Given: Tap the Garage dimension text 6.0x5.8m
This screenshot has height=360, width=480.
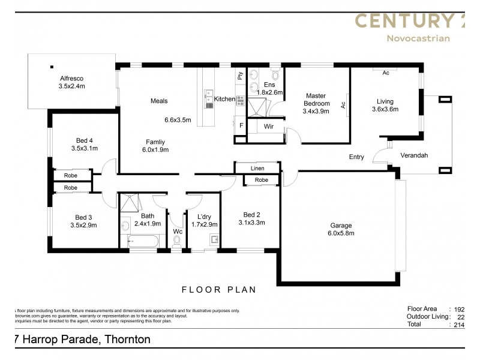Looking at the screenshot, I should [x=340, y=233].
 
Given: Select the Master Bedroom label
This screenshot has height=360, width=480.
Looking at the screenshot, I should [x=316, y=100].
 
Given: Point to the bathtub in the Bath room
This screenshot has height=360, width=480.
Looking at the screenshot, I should [x=143, y=242].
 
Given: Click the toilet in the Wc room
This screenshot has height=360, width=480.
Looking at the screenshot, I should [x=177, y=241].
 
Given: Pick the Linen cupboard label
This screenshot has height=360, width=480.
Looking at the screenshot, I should [x=257, y=169].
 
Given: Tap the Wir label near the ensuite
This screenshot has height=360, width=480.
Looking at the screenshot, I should [x=269, y=127].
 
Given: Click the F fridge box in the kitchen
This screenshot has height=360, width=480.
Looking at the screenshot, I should [x=241, y=126].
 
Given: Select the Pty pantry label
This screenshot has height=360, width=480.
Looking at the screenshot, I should [x=240, y=76].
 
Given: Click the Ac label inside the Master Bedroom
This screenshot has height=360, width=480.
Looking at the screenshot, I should [x=344, y=104].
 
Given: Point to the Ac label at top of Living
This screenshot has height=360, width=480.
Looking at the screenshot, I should [x=386, y=72].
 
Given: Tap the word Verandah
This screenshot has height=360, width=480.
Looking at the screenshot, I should [x=414, y=155].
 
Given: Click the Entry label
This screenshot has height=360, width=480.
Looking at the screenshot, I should [x=356, y=157].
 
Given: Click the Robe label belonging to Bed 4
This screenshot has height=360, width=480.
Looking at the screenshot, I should [x=71, y=176].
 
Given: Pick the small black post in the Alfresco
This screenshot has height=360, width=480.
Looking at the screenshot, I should [x=52, y=67].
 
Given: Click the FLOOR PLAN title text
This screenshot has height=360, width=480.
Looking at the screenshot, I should [x=218, y=290].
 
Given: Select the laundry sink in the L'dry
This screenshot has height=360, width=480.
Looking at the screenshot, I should [x=214, y=241].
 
